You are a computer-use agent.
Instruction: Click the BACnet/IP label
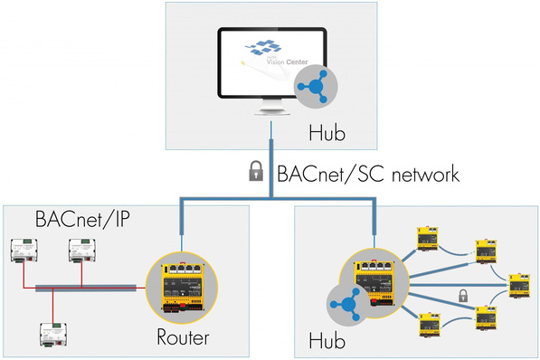(74, 220)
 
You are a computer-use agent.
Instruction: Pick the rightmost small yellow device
(516, 285)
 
